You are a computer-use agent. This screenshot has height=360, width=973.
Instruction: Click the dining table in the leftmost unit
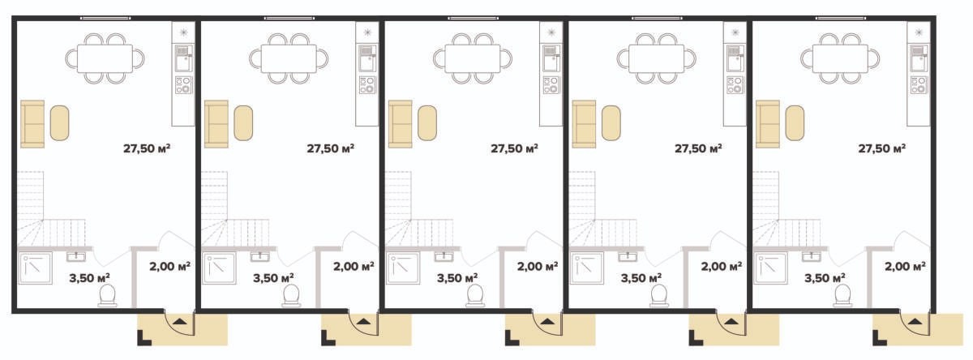pos(105,58)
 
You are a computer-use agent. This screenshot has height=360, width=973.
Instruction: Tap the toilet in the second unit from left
pos(291,296)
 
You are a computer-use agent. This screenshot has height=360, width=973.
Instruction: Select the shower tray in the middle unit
pos(403,268)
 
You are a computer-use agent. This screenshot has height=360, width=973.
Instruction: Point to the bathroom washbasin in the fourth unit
pos(628,257)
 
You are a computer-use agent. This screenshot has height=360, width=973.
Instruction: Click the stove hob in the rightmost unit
pos(918,85)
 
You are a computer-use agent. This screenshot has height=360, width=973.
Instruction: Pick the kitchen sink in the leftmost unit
pos(183,58)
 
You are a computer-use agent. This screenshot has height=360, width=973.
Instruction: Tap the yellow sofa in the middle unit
pos(400,124)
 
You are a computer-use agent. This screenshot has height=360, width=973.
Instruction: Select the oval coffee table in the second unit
pos(243,123)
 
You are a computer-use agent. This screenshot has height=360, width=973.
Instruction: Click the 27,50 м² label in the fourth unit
pos(698,148)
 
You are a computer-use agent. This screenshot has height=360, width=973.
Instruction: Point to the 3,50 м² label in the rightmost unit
pos(825,278)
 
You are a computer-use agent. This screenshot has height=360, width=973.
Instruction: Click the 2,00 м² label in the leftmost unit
pos(169,266)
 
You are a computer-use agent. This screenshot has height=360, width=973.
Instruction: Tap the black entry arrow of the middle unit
pos(547,321)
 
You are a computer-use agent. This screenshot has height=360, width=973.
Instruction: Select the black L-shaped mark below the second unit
pos(327,339)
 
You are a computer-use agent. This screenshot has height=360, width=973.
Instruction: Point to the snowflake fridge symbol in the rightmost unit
pos(919,32)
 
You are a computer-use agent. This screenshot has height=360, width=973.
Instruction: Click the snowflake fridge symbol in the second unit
pos(367,32)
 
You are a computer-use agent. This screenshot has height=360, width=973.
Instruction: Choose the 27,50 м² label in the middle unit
pos(514,148)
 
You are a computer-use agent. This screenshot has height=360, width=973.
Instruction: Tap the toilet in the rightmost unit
pos(842,296)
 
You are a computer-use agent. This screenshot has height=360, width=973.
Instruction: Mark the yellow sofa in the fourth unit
pos(584,124)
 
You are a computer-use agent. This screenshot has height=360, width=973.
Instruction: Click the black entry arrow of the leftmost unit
pos(179,321)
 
